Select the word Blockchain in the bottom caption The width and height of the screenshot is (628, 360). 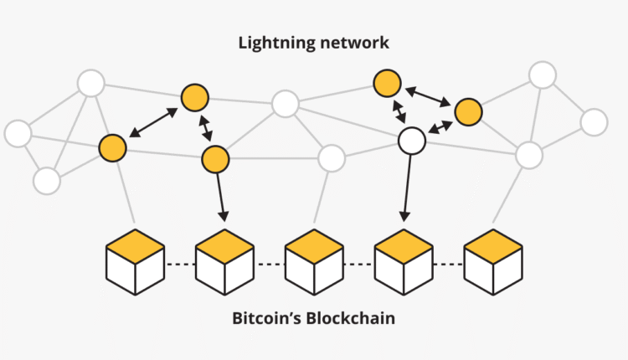(x=352, y=319)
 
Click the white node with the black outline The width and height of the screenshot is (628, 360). (x=411, y=141)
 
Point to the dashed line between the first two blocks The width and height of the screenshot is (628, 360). (x=180, y=265)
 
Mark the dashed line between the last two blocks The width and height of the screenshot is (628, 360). (x=449, y=265)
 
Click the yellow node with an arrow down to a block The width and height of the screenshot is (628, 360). (x=215, y=157)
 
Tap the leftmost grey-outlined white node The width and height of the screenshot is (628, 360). (x=18, y=133)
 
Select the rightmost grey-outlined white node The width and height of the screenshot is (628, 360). (x=594, y=121)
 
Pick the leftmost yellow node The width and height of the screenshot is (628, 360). (x=112, y=147)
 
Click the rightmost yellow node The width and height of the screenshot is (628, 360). (x=467, y=111)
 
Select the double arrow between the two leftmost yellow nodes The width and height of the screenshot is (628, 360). (x=153, y=121)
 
